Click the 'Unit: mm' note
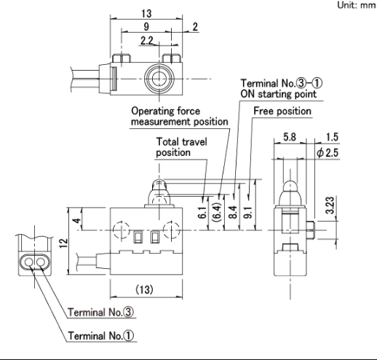[357, 5]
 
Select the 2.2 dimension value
[147, 41]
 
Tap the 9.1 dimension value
[249, 212]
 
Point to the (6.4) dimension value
[216, 212]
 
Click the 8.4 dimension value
[233, 212]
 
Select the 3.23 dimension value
[330, 206]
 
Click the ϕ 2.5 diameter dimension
[328, 153]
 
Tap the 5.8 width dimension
[290, 137]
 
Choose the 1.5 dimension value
[332, 137]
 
